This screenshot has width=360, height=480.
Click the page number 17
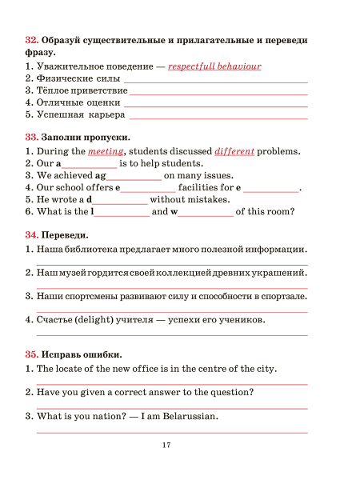tap(166, 445)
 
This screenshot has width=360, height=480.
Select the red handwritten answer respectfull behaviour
tap(214, 66)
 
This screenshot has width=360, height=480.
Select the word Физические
tap(66, 78)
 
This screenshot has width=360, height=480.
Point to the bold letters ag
tap(100, 175)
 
